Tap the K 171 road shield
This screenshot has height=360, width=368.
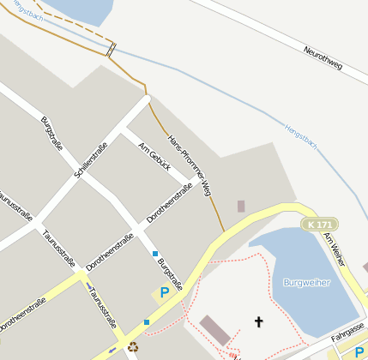[319, 224]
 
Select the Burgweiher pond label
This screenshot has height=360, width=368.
[305, 281]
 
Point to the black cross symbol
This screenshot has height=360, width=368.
[259, 321]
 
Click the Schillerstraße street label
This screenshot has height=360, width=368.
[91, 159]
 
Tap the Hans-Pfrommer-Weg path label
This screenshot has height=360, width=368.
[189, 165]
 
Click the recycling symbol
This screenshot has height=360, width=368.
[133, 347]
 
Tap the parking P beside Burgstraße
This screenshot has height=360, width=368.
[164, 293]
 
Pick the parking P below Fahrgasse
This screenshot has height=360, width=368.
[359, 351]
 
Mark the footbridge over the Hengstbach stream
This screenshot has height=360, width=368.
[110, 49]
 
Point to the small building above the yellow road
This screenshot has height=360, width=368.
[241, 206]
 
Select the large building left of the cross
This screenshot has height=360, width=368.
[214, 329]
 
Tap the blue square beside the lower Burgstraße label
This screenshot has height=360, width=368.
[155, 254]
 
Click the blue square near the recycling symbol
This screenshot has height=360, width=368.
[147, 322]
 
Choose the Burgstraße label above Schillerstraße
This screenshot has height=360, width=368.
[52, 133]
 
